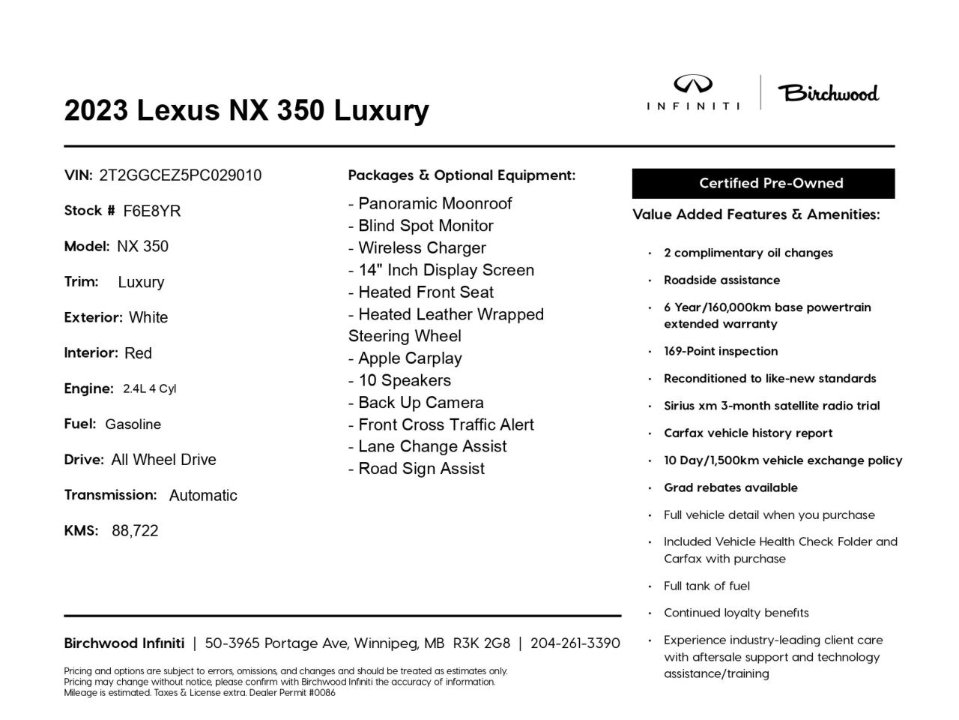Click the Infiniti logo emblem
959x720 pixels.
693,85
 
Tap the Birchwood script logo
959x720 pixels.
828,93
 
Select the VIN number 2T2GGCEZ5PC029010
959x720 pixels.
180,175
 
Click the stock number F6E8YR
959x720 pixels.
152,211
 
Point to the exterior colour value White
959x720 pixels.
148,318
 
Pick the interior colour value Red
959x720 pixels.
138,353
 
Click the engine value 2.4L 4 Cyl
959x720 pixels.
149,388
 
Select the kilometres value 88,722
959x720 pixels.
135,531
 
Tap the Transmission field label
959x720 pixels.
110,495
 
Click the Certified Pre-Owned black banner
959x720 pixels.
763,183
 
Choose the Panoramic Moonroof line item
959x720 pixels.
430,203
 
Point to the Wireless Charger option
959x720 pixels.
417,247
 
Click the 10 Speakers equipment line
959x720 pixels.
399,380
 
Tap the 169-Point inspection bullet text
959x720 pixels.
720,351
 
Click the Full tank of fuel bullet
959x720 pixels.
706,586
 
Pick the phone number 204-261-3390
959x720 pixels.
575,643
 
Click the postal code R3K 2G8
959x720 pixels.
481,643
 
